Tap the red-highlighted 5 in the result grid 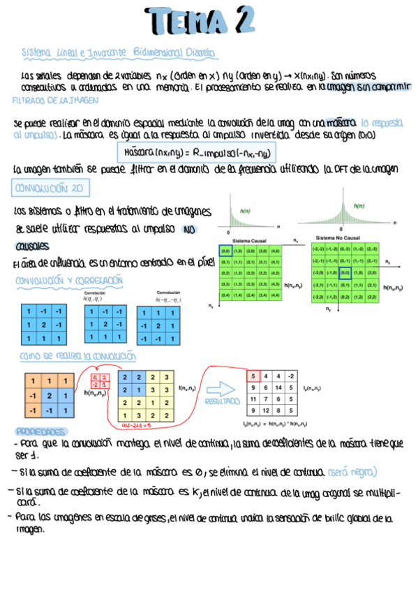[x=254, y=375]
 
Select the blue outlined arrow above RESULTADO [x=223, y=388]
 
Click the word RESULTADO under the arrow [x=222, y=403]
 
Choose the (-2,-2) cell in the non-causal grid [x=318, y=249]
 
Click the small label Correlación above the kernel [x=95, y=293]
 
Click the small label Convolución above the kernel [x=168, y=293]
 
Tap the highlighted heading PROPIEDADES [x=41, y=432]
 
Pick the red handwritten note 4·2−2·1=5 [x=137, y=424]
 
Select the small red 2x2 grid [x=99, y=381]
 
